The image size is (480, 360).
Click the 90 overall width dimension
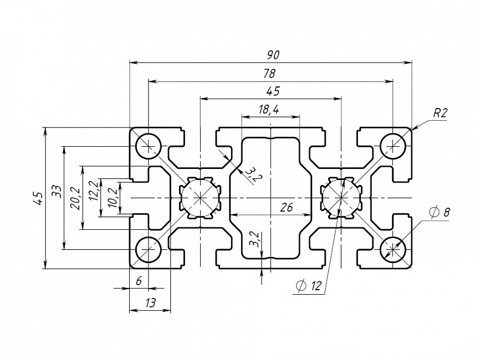click(273, 55)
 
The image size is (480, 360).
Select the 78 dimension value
click(270, 74)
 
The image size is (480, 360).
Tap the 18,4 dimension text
click(269, 110)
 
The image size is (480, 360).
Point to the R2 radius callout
click(440, 113)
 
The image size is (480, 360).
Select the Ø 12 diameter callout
click(309, 286)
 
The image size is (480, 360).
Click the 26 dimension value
click(287, 208)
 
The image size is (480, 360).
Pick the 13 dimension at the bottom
click(150, 302)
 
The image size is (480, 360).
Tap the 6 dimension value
click(139, 281)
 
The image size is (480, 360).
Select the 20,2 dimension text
click(75, 198)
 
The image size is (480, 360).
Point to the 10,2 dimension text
click(114, 198)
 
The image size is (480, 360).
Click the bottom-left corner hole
click(149, 250)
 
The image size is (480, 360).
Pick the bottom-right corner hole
click(394, 250)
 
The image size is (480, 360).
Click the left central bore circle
click(200, 198)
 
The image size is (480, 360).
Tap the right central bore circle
click(341, 198)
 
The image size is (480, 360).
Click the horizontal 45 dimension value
click(273, 91)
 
